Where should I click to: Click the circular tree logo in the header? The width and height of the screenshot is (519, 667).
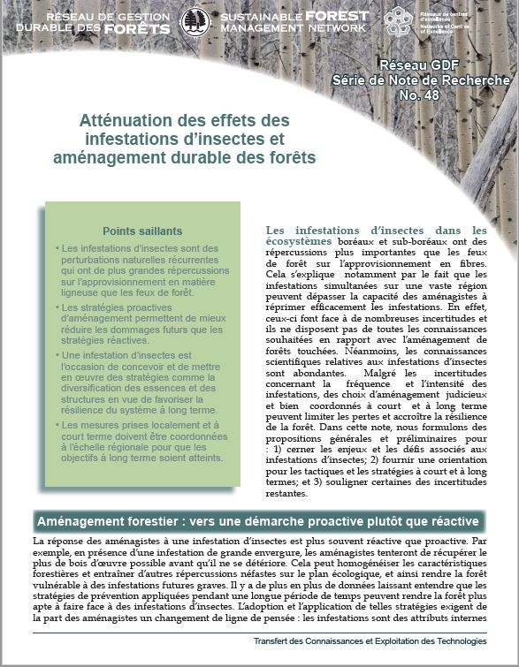(x=195, y=22)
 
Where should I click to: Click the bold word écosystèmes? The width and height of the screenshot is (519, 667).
(x=299, y=242)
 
